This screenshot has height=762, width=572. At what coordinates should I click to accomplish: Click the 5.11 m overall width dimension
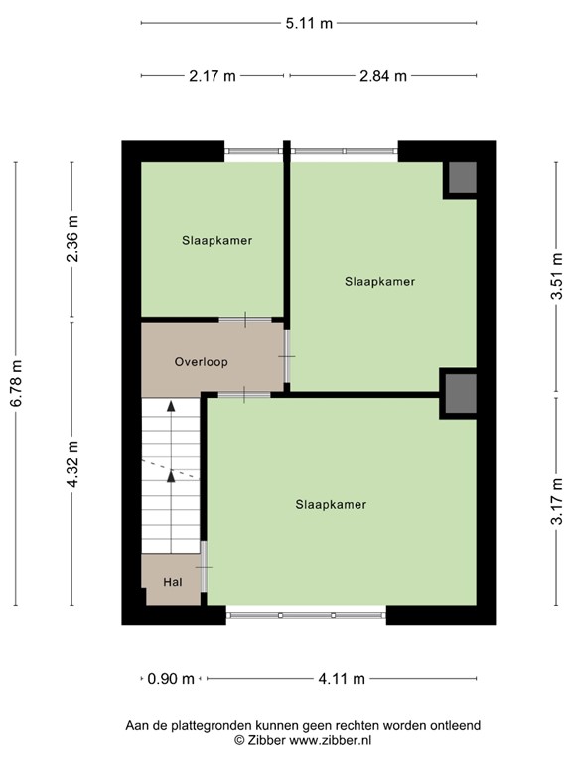(x=308, y=24)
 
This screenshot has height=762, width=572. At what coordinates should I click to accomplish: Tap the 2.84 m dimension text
(x=383, y=76)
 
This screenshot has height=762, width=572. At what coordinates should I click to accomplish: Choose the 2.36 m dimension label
(x=71, y=240)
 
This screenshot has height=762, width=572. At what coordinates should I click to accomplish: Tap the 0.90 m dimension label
(x=171, y=679)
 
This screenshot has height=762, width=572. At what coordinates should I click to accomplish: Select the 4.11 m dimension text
(x=341, y=679)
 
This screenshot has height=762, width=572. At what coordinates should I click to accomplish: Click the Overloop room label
(x=201, y=362)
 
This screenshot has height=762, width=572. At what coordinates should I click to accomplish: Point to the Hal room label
(x=172, y=581)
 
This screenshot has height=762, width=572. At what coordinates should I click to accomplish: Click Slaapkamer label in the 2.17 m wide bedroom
(x=216, y=240)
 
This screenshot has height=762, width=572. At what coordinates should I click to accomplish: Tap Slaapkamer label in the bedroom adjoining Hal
(x=331, y=504)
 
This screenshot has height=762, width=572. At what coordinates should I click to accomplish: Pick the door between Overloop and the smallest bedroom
(x=244, y=319)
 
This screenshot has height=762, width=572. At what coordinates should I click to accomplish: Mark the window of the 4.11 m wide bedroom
(x=306, y=615)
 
